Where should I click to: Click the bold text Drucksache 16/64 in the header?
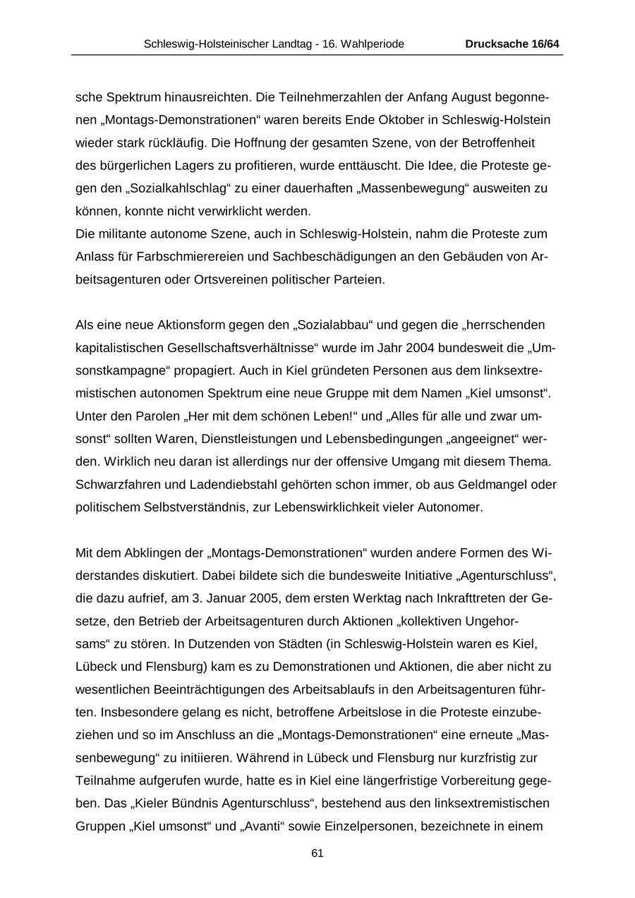pos(512,44)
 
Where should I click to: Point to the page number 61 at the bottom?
pos(317,854)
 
